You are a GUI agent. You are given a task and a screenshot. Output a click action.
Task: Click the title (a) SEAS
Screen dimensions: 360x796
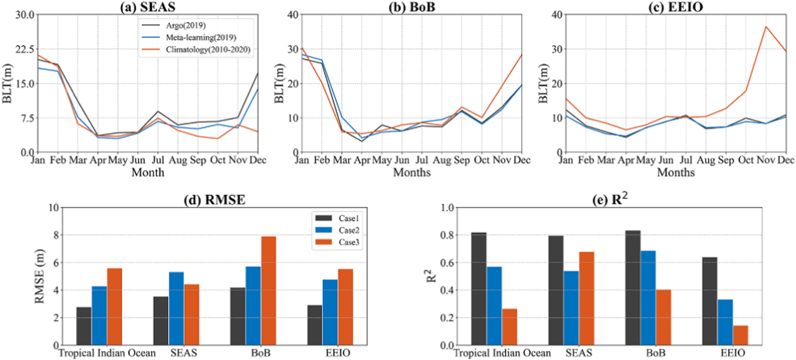[148, 7]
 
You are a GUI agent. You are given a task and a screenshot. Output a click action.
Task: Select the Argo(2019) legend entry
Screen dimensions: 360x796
[186, 25]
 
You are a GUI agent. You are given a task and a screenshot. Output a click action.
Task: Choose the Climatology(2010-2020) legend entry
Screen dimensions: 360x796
[208, 50]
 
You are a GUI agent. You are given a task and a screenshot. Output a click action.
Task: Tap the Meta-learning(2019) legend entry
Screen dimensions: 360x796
[201, 37]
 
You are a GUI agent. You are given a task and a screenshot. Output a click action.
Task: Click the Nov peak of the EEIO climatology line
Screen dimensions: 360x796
[766, 27]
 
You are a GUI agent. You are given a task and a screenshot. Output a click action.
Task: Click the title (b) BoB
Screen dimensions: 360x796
[411, 7]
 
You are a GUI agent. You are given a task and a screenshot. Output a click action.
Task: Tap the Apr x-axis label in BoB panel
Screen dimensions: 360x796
[362, 160]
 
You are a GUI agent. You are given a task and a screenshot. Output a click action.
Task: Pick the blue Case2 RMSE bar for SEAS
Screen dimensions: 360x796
[176, 309]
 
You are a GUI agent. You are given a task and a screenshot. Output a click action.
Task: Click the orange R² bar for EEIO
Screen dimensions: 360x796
[740, 335]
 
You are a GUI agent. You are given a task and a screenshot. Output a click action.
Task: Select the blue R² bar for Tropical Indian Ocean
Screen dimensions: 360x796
[494, 306]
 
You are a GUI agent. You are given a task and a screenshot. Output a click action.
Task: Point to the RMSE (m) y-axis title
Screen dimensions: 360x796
[40, 276]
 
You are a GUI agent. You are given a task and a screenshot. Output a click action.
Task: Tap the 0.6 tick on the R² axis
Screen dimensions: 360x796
[447, 263]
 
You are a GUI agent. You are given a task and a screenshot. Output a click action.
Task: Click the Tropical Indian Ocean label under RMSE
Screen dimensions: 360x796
[107, 353]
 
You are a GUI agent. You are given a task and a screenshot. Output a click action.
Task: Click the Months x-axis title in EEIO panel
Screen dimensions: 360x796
[676, 173]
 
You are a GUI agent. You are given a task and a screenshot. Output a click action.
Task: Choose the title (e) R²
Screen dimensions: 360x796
[610, 199]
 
